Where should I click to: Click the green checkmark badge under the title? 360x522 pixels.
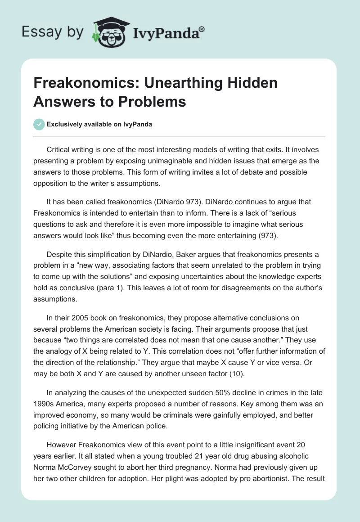point(39,124)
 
